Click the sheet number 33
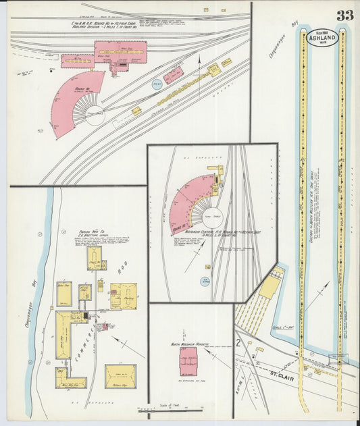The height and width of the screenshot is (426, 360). point(344,15)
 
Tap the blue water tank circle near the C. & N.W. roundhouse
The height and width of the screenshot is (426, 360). point(157,85)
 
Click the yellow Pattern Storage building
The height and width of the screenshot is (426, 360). point(120,376)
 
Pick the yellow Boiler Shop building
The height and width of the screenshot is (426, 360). point(64,294)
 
